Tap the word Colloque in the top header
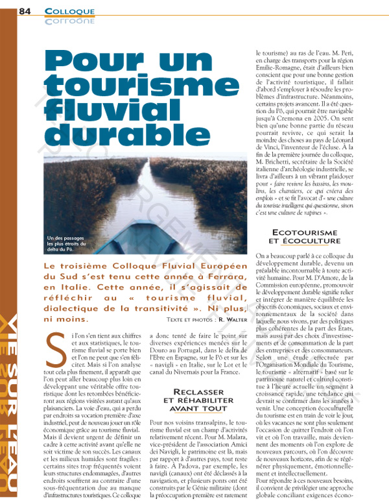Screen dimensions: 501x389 70,11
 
